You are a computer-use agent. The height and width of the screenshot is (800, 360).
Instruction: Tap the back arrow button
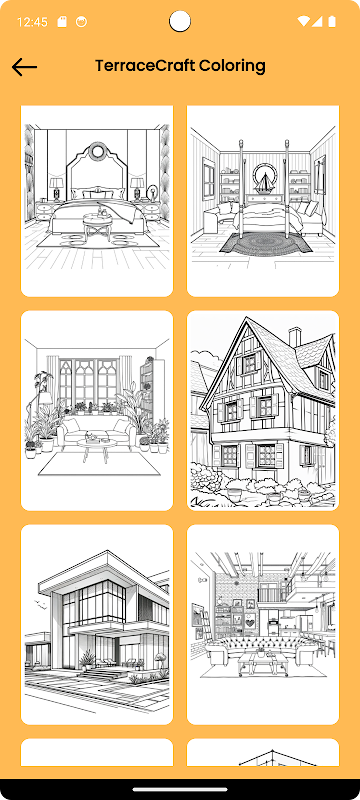tap(24, 67)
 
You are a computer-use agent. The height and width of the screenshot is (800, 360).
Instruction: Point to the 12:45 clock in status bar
tap(32, 22)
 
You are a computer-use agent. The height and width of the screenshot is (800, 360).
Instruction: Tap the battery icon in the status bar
tap(332, 21)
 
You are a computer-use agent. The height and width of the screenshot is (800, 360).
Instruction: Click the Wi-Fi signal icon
tap(303, 21)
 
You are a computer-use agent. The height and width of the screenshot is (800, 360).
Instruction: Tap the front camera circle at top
tap(180, 21)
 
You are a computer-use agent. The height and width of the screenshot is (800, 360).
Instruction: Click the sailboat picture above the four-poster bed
tap(264, 179)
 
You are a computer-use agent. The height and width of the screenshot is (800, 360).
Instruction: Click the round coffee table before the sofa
tap(96, 447)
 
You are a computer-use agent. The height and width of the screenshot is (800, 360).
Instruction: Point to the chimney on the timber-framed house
tap(295, 337)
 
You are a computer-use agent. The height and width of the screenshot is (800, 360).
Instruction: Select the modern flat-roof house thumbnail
tap(97, 624)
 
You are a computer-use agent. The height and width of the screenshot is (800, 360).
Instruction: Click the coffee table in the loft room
tap(263, 662)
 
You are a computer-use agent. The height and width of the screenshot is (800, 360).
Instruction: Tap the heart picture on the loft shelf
tap(250, 622)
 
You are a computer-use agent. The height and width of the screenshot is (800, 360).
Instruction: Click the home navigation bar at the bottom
tap(180, 789)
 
